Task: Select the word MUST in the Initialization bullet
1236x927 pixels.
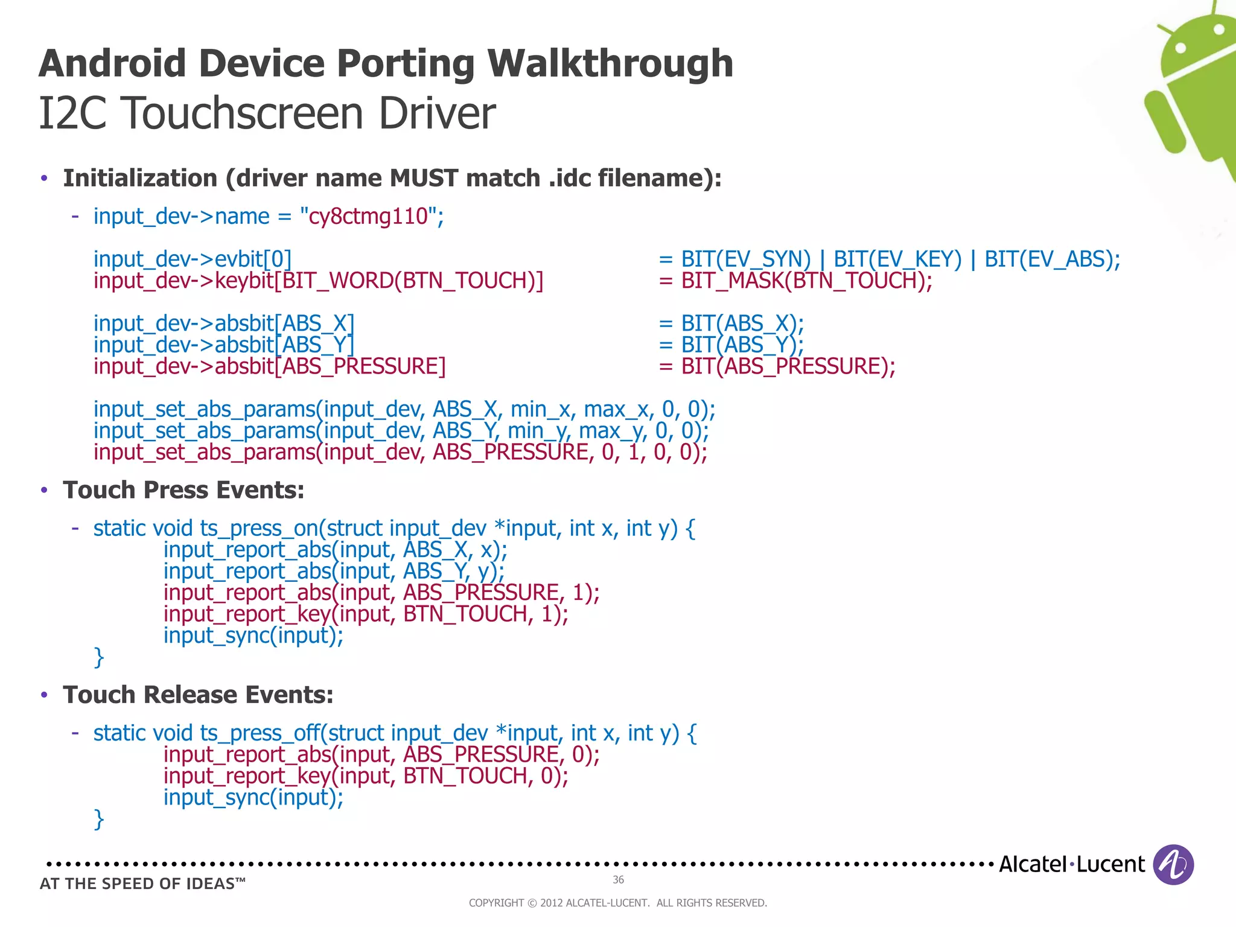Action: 424,179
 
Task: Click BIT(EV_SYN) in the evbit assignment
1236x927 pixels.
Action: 745,260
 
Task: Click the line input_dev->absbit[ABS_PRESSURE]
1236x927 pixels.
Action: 269,367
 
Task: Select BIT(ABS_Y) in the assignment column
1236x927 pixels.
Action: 742,345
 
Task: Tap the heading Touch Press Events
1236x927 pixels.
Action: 183,490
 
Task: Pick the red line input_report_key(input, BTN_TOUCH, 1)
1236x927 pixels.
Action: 366,614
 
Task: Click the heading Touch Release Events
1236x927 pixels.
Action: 198,695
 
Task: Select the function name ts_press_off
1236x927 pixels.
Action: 261,733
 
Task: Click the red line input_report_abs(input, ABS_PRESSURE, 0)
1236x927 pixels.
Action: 381,755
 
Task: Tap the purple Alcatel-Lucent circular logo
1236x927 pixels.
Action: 1173,864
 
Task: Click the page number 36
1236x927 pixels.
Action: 618,880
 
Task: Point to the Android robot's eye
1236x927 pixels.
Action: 1181,48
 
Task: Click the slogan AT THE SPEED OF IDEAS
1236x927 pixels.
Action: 142,884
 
